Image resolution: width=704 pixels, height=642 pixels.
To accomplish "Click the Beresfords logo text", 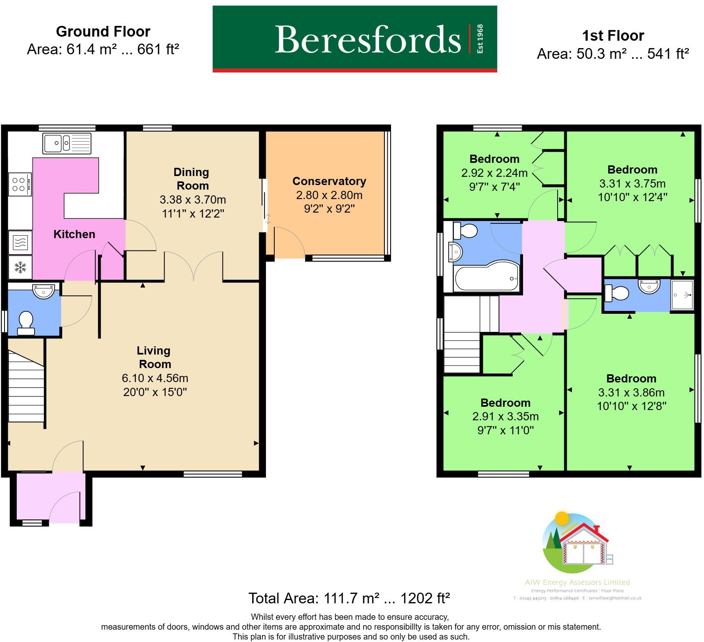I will [x=367, y=39].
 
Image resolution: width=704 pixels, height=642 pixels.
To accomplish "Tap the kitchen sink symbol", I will [x=67, y=143].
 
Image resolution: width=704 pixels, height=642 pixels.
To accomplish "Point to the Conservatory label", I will [x=329, y=181].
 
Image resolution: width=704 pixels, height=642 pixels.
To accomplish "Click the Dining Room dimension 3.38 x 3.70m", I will [x=192, y=200].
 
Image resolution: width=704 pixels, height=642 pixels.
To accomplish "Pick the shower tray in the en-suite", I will [x=682, y=295].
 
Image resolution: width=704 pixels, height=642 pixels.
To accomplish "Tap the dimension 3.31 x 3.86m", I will [x=631, y=392].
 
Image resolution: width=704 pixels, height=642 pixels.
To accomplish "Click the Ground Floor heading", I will [x=103, y=32].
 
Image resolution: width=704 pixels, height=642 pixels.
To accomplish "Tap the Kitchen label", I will [x=74, y=234].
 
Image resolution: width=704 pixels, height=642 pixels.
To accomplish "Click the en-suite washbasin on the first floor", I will [x=648, y=286].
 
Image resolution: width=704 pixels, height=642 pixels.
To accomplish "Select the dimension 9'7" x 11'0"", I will [x=505, y=430].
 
